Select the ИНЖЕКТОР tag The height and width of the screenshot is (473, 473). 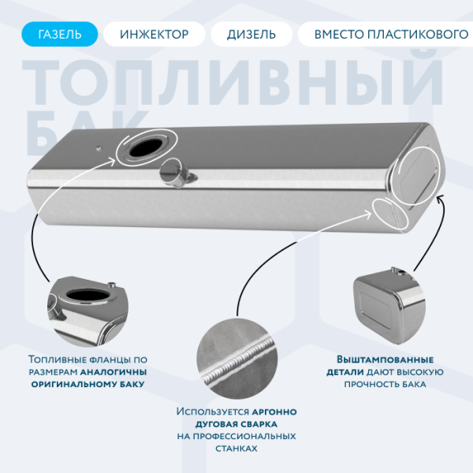click(155, 35)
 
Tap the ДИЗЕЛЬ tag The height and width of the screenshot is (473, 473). click(251, 35)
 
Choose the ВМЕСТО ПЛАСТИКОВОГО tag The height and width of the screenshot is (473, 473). click(385, 35)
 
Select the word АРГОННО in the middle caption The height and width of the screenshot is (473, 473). click(274, 412)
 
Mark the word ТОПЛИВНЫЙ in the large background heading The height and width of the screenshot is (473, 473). click(236, 83)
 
